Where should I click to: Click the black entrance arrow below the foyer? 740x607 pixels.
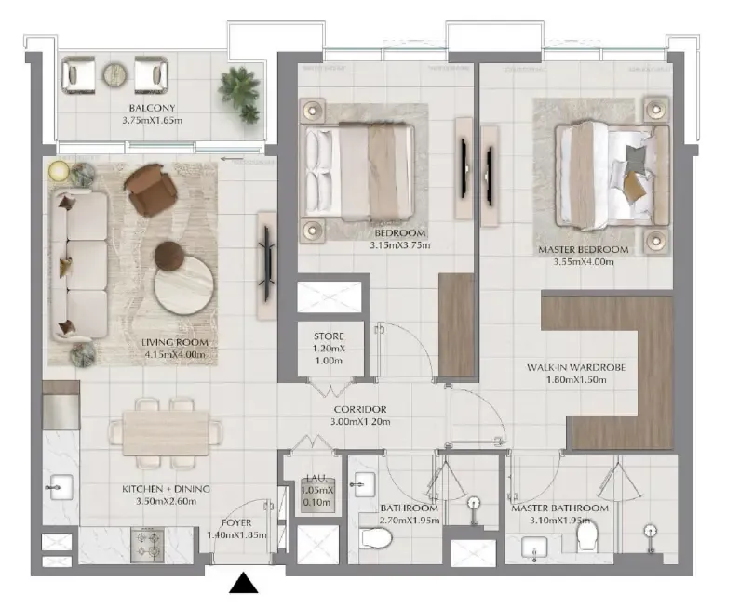[244, 584]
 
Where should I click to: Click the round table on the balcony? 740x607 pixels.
[114, 73]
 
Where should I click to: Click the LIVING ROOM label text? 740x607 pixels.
[175, 342]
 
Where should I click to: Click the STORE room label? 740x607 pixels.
[329, 336]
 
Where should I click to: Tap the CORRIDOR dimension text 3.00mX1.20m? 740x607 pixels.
[362, 422]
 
